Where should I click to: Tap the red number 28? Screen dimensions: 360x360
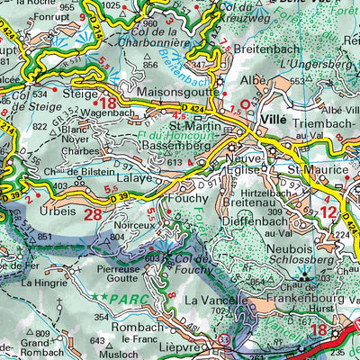click(93, 214)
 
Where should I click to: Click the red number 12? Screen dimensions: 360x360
click(328, 212)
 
